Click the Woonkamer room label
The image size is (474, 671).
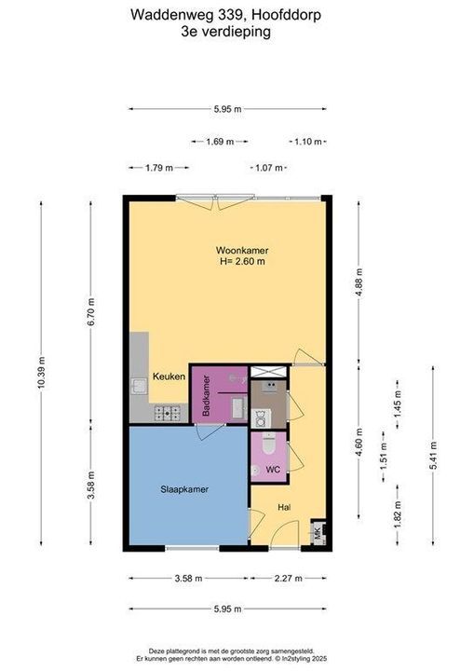(242, 251)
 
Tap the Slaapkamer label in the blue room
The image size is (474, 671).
(184, 489)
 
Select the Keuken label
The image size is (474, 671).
(169, 377)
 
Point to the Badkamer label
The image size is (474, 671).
(206, 395)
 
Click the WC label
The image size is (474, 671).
(273, 470)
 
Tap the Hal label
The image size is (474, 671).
(284, 507)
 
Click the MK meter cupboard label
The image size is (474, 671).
(318, 534)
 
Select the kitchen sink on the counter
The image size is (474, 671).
(139, 387)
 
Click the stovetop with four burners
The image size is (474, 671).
(168, 414)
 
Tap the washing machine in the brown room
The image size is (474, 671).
(261, 418)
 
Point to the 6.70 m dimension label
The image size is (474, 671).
(91, 311)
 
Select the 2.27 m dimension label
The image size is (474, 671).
(288, 579)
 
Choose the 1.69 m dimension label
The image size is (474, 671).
(220, 142)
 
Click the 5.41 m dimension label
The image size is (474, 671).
(433, 455)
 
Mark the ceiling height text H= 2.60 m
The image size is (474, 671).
(242, 261)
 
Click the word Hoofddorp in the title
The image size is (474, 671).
(286, 16)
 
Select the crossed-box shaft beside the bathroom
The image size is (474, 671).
(268, 372)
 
